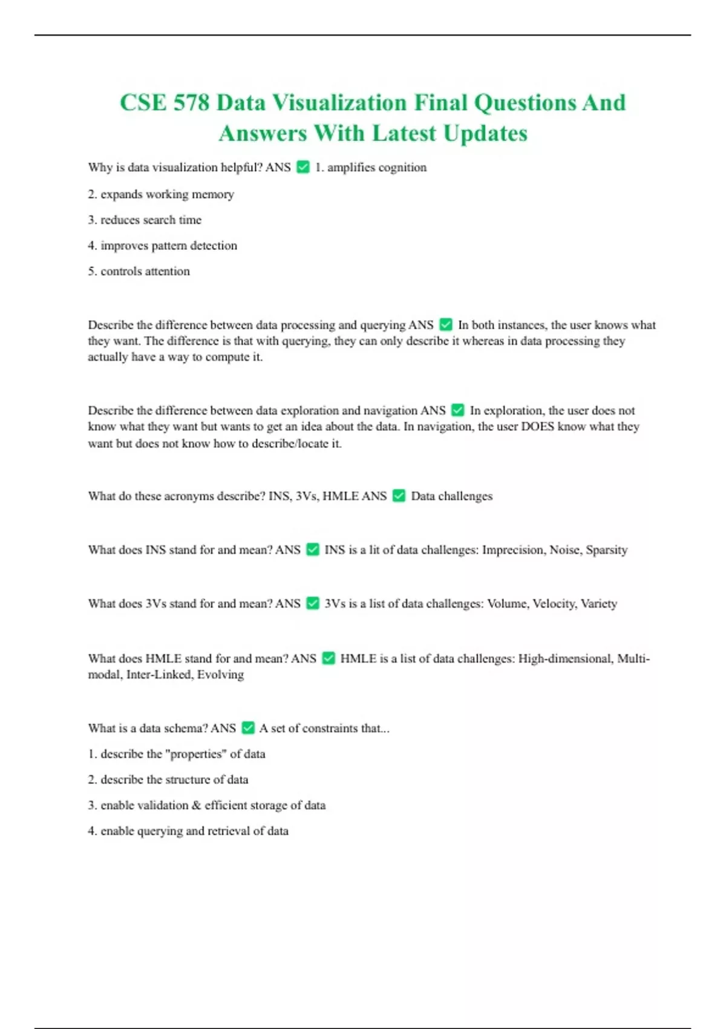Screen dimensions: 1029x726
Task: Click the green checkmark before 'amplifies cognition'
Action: pyautogui.click(x=303, y=167)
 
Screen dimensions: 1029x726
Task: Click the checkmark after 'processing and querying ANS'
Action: pyautogui.click(x=446, y=325)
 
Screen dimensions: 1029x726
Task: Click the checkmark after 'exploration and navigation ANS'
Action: pyautogui.click(x=458, y=410)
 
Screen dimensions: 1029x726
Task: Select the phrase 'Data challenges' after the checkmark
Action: pyautogui.click(x=451, y=496)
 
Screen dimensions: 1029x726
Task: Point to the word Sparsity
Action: pyautogui.click(x=606, y=550)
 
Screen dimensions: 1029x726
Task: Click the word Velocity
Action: pyautogui.click(x=554, y=604)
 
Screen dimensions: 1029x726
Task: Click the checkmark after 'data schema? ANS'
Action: pyautogui.click(x=248, y=728)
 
